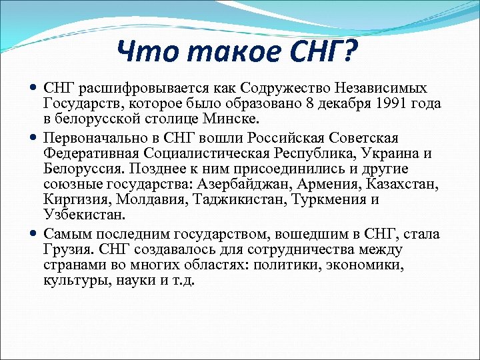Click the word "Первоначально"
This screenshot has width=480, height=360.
pyautogui.click(x=88, y=138)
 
